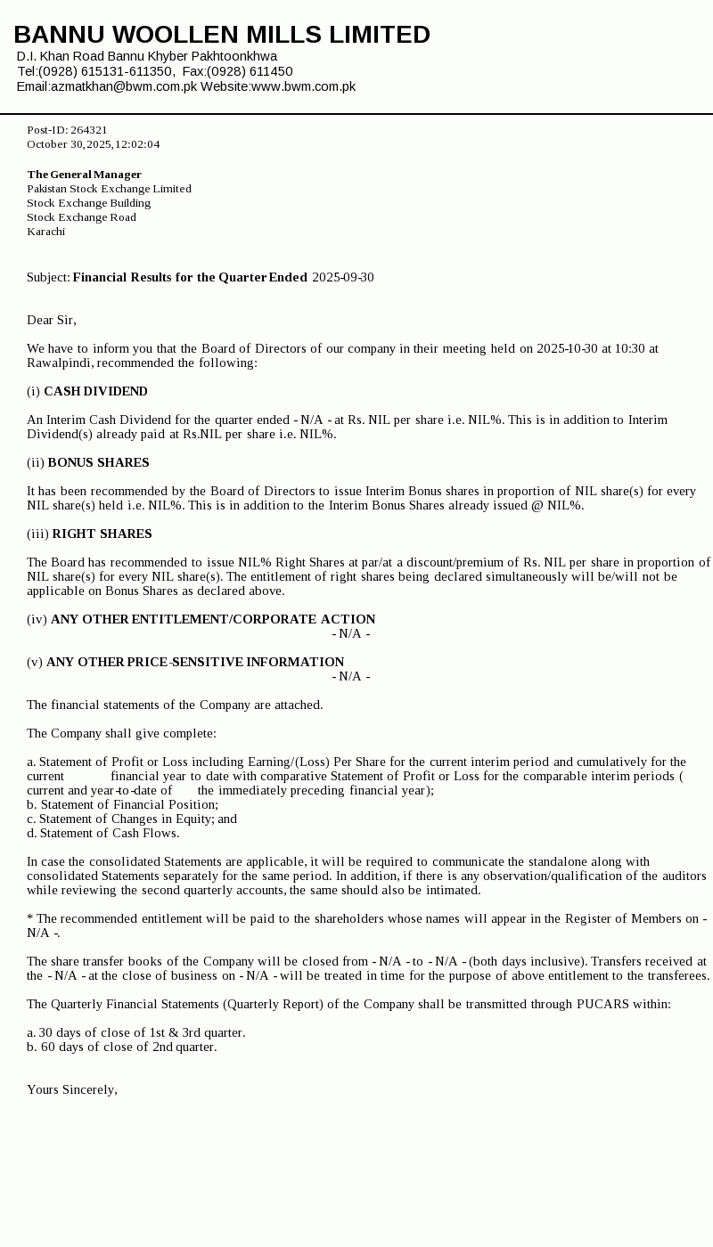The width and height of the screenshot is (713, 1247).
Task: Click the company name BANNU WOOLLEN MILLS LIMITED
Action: click(x=222, y=35)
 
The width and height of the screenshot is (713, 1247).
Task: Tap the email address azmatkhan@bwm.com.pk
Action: click(x=124, y=86)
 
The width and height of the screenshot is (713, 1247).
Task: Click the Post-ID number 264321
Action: click(x=89, y=130)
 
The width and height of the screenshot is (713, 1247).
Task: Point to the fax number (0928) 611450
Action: click(x=250, y=71)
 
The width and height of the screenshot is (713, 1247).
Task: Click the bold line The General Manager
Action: click(x=84, y=175)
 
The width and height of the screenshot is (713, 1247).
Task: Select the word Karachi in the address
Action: click(x=46, y=232)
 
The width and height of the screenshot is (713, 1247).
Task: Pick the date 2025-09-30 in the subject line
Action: click(x=343, y=277)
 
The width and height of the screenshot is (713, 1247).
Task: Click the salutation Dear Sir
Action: click(x=51, y=320)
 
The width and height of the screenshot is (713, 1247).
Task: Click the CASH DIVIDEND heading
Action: click(x=95, y=391)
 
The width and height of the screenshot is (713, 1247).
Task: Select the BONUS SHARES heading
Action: click(x=98, y=462)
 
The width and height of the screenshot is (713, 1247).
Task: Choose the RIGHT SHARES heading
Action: click(x=102, y=534)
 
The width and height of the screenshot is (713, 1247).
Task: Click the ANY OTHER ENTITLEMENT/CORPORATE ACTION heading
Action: click(x=213, y=619)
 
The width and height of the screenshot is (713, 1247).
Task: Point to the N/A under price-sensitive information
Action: click(x=350, y=676)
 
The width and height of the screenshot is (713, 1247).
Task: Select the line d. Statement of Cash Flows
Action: click(x=102, y=833)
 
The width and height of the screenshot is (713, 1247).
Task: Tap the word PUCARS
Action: click(x=603, y=1004)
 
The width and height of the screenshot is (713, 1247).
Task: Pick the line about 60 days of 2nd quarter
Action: click(x=121, y=1047)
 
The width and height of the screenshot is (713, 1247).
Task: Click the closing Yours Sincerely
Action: click(x=71, y=1089)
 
